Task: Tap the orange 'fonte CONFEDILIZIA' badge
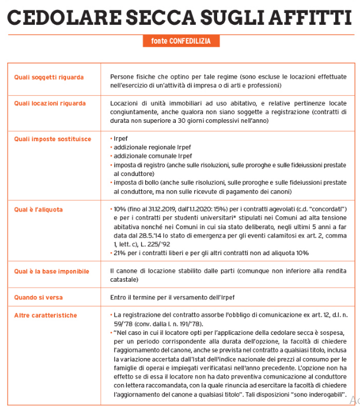[x=180, y=41]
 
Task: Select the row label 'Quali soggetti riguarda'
[x=48, y=77]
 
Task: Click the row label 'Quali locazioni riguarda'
[x=50, y=103]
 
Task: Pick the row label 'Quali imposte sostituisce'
[x=52, y=139]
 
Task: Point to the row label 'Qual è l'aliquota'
[x=38, y=210]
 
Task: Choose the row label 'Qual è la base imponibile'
[x=51, y=271]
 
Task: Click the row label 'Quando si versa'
[x=38, y=297]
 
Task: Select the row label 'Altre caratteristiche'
[x=45, y=315]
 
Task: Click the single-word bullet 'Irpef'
[x=120, y=139]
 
